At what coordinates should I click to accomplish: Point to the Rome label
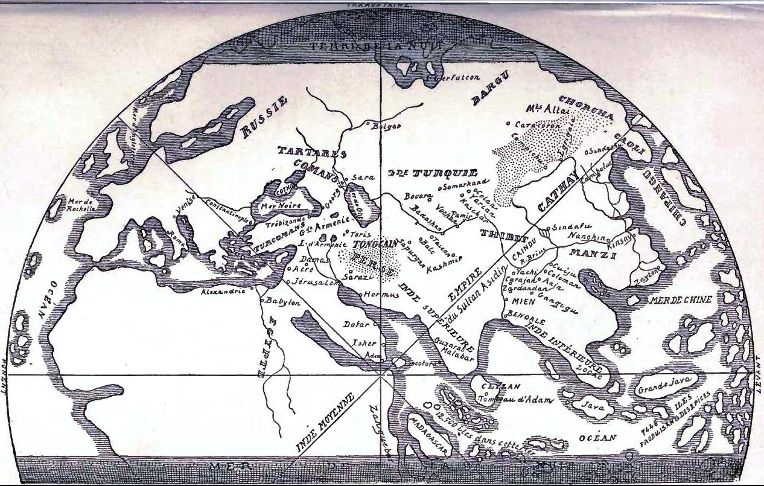[174, 235]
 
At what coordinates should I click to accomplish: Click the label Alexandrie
[223, 291]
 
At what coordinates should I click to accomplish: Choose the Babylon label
[282, 303]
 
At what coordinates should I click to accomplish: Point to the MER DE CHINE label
[680, 300]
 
